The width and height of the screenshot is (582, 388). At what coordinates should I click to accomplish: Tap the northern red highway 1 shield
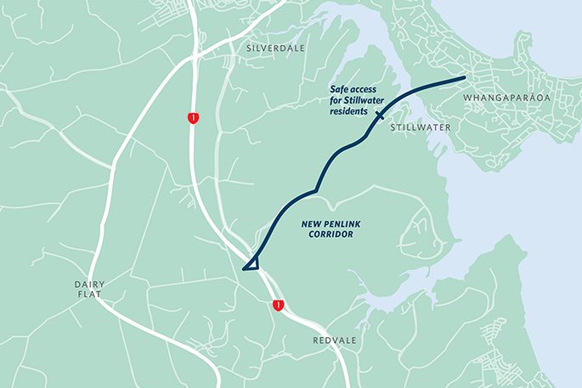(x=195, y=118)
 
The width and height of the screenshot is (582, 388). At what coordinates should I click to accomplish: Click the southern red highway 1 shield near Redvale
(x=278, y=304)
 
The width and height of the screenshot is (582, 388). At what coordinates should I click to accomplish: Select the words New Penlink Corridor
(x=333, y=229)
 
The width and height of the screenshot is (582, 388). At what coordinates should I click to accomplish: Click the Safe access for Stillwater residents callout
(x=361, y=99)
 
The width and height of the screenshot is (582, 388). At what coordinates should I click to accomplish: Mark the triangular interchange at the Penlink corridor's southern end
(x=251, y=264)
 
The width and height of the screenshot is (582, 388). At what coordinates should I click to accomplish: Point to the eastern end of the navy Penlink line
(x=464, y=78)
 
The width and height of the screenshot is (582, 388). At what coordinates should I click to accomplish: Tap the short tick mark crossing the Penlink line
(x=379, y=113)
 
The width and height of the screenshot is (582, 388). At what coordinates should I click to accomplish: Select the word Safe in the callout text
(x=338, y=88)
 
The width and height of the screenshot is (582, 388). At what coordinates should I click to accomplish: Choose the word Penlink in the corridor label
(x=341, y=224)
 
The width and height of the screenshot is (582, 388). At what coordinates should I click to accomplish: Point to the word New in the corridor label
(x=313, y=224)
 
